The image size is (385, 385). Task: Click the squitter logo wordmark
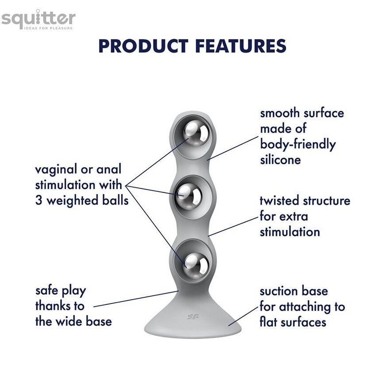[38, 18]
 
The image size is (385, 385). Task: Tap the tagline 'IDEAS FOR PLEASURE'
[48, 28]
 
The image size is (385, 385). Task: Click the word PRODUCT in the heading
[143, 46]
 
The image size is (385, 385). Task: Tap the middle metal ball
[189, 196]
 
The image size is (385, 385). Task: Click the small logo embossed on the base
[193, 317]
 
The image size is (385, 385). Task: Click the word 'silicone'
[281, 160]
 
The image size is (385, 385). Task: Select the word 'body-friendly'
[297, 145]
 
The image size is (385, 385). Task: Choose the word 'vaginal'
[56, 170]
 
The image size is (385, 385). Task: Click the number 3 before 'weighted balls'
[38, 200]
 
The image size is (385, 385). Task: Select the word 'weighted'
[73, 201]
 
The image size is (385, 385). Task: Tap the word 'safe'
[46, 291]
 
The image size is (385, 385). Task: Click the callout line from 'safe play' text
[136, 299]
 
